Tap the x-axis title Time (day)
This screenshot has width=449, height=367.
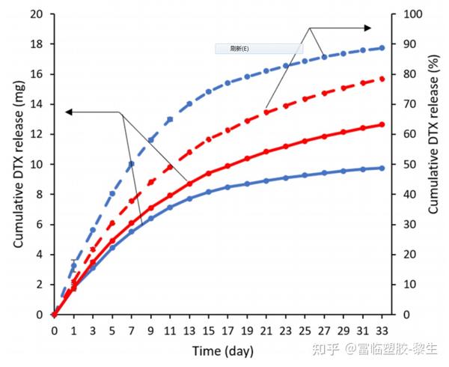pyautogui.click(x=222, y=351)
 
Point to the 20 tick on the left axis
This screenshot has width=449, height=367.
pyautogui.click(x=36, y=13)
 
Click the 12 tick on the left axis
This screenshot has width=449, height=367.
pyautogui.click(x=36, y=134)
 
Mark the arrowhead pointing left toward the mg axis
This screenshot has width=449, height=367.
pyautogui.click(x=69, y=112)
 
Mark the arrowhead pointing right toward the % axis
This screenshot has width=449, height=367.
pyautogui.click(x=367, y=28)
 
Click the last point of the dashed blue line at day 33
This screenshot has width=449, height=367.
pyautogui.click(x=382, y=47)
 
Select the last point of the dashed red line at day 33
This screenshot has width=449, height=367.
pyautogui.click(x=382, y=79)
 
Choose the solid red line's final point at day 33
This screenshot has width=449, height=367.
pyautogui.click(x=382, y=124)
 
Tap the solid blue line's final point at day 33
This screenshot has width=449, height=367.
pyautogui.click(x=382, y=168)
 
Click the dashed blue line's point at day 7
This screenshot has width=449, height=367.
pyautogui.click(x=131, y=163)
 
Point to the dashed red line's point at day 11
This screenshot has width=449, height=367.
pyautogui.click(x=170, y=166)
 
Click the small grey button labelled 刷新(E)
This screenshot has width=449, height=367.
pyautogui.click(x=259, y=49)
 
